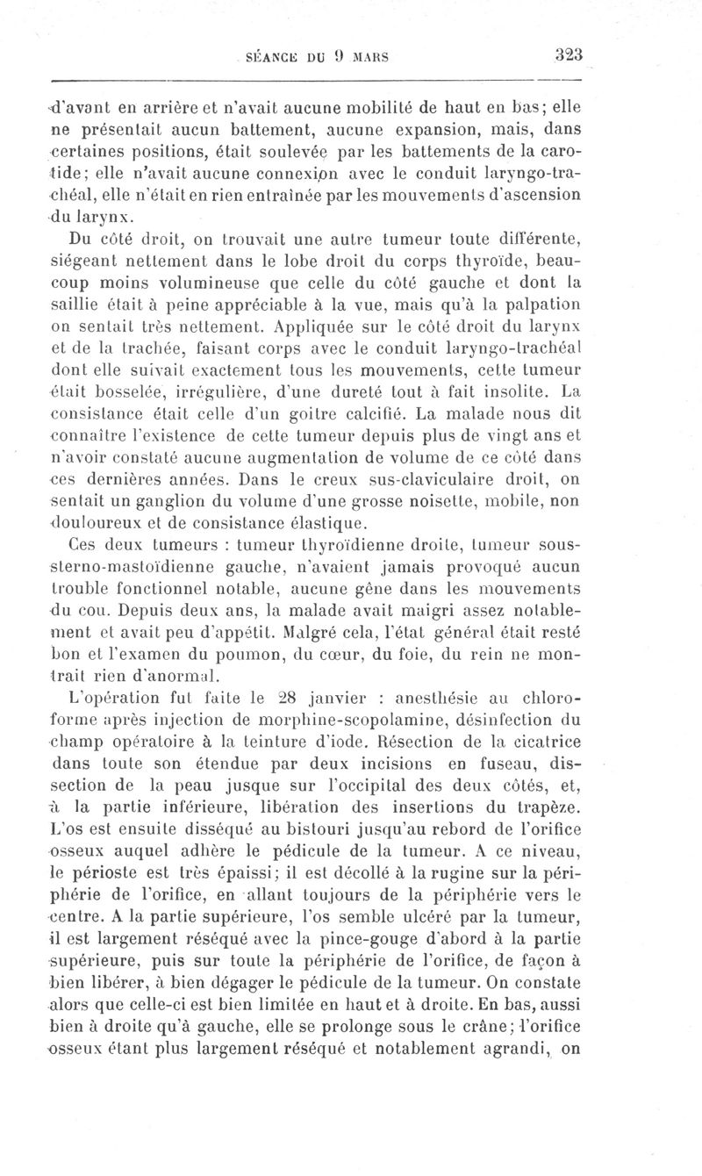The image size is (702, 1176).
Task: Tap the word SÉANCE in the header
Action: coord(273,55)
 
